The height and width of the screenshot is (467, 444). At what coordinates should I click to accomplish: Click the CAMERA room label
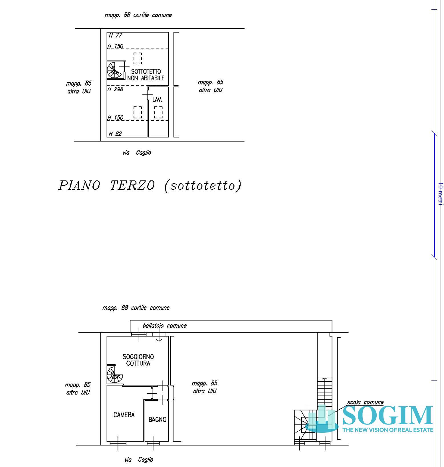tap(124, 415)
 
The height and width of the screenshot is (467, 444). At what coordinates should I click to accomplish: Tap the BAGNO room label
tap(157, 420)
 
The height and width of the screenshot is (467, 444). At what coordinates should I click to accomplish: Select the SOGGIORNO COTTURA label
tap(138, 360)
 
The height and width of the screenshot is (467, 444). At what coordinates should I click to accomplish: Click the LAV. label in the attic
tap(157, 100)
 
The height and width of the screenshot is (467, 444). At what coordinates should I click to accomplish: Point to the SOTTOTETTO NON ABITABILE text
tap(146, 75)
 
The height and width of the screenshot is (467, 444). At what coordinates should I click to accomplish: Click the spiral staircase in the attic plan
tap(115, 70)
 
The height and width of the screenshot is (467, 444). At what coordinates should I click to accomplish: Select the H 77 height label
tap(116, 35)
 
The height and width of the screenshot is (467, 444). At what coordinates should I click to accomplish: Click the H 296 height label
tap(115, 89)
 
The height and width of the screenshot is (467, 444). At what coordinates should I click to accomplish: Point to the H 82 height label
tap(115, 134)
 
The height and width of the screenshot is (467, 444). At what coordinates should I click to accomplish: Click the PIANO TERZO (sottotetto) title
tap(150, 186)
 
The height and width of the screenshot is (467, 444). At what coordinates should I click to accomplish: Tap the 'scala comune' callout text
tap(365, 402)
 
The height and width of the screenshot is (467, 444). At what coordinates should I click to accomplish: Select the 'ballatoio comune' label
tap(164, 326)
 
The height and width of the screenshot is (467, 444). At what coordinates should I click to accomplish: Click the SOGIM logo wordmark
tap(388, 416)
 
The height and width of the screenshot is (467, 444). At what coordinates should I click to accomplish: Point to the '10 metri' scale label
tap(440, 194)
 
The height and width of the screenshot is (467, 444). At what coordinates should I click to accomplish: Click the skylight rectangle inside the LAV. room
tap(158, 112)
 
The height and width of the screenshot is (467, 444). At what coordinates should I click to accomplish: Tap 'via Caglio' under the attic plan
tap(137, 153)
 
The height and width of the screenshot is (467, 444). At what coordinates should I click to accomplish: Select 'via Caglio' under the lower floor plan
tap(139, 460)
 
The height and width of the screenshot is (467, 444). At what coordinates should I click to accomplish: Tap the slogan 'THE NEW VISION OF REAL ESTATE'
tap(388, 430)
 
